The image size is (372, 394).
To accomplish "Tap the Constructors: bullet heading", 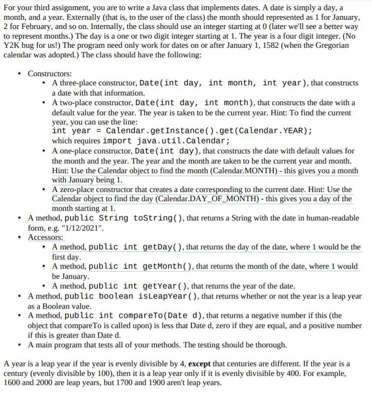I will pyautogui.click(x=50, y=73).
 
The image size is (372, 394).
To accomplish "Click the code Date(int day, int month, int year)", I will pyautogui.click(x=224, y=83).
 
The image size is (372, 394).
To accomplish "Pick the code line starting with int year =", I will pyautogui.click(x=182, y=131).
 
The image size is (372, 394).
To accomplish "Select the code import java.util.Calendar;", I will pyautogui.click(x=166, y=141).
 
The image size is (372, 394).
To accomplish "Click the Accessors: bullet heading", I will pyautogui.click(x=46, y=237).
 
